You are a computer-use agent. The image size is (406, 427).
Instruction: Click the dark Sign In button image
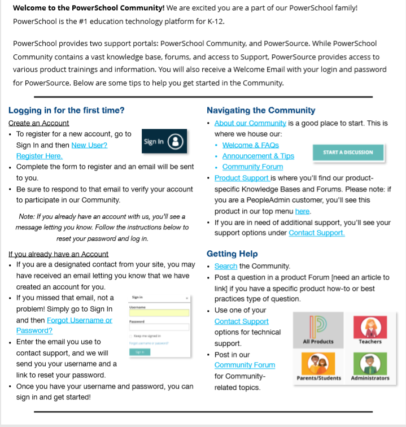164,142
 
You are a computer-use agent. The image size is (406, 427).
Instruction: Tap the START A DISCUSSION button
348,152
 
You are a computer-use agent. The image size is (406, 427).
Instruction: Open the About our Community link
250,123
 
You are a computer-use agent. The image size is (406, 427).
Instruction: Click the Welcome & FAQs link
251,145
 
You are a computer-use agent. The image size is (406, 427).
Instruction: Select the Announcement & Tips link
258,156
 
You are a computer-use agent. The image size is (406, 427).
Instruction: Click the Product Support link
242,178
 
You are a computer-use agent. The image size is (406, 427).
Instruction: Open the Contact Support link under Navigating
316,233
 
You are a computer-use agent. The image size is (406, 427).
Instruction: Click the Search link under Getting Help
226,266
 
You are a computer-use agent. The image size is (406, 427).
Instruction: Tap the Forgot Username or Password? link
64,325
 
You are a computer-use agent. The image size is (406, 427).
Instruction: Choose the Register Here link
39,156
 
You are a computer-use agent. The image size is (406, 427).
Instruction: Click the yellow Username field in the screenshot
159,313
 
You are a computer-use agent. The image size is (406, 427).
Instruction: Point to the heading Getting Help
232,254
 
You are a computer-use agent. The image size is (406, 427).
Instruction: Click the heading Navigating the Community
261,111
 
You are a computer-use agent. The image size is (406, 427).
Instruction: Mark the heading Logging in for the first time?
67,111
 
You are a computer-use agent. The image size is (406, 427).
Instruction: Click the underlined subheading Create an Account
39,123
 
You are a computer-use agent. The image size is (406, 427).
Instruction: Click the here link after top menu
302,211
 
